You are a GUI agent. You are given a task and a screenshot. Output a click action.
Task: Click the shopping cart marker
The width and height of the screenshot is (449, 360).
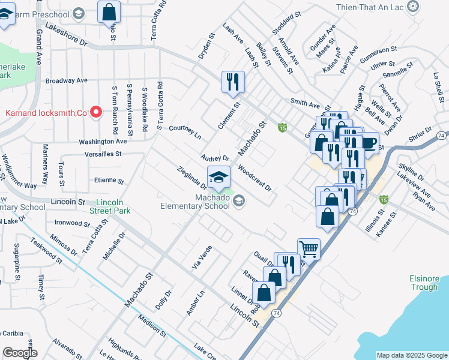click(x=309, y=248)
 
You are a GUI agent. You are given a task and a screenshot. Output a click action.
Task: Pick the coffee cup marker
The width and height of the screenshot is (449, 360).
click(x=368, y=143)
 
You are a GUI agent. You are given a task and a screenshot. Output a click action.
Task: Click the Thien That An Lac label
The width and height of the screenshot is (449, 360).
click(x=372, y=7)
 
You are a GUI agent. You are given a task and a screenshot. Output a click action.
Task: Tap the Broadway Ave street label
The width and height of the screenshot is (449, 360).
click(x=67, y=80)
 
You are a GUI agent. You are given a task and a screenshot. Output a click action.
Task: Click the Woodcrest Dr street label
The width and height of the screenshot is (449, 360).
click(x=255, y=178)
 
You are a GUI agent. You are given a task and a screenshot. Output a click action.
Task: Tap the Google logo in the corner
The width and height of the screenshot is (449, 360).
click(x=20, y=353)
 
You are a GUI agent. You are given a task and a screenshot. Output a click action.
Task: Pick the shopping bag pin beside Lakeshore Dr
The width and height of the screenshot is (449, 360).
click(x=109, y=11)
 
